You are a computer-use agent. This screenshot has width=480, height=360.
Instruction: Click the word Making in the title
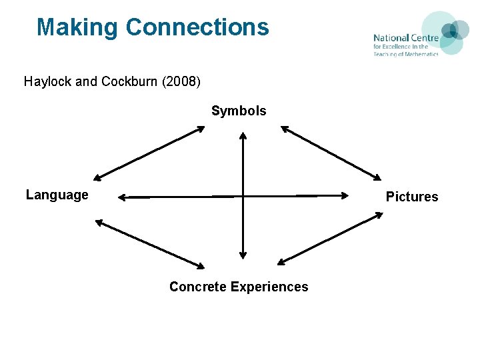point(77,28)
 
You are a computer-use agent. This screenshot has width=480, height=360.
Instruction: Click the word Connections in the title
point(197,28)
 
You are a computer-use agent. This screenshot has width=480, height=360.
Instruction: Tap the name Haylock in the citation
point(47,82)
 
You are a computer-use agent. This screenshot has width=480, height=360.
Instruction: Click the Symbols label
point(239,111)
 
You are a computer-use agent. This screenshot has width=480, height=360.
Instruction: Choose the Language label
point(57,195)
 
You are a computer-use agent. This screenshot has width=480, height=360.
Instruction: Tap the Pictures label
point(412,197)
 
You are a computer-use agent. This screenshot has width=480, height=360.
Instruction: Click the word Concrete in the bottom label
point(197,287)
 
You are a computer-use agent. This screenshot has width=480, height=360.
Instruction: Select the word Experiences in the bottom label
point(269,287)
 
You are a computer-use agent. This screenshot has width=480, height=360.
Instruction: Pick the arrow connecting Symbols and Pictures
point(331,153)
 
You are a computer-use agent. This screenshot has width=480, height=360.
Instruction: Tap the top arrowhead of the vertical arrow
point(243,135)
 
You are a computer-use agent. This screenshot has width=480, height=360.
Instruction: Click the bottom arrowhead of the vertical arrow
point(243,254)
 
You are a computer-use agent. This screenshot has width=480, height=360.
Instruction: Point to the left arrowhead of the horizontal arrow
point(123,197)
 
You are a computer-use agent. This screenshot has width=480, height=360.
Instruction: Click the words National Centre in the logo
point(405,38)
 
